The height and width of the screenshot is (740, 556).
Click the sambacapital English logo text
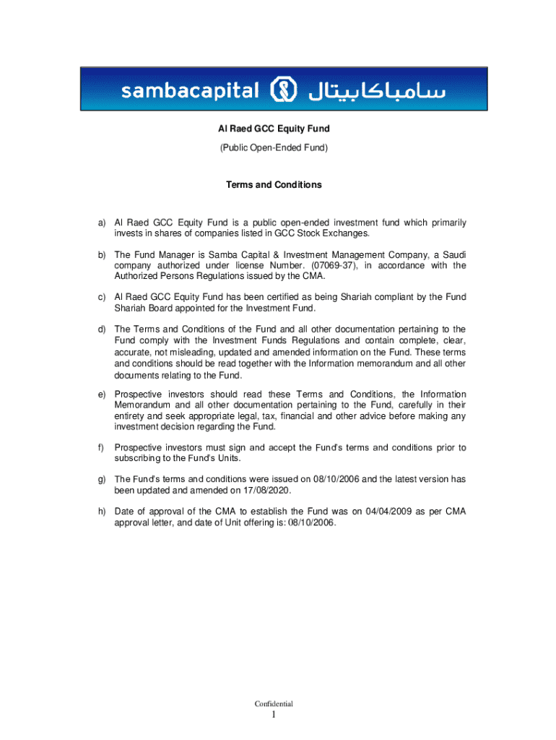[190, 92]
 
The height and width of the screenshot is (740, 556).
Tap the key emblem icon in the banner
[283, 91]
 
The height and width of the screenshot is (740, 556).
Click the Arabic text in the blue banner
[377, 91]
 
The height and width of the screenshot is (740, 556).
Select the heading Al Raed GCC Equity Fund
[274, 129]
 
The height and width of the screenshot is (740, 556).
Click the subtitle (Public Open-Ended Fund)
[274, 147]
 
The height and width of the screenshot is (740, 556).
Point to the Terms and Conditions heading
[274, 185]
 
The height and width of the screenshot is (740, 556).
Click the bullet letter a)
[103, 223]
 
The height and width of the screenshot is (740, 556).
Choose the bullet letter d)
[103, 330]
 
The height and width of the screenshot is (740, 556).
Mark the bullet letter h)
[103, 512]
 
